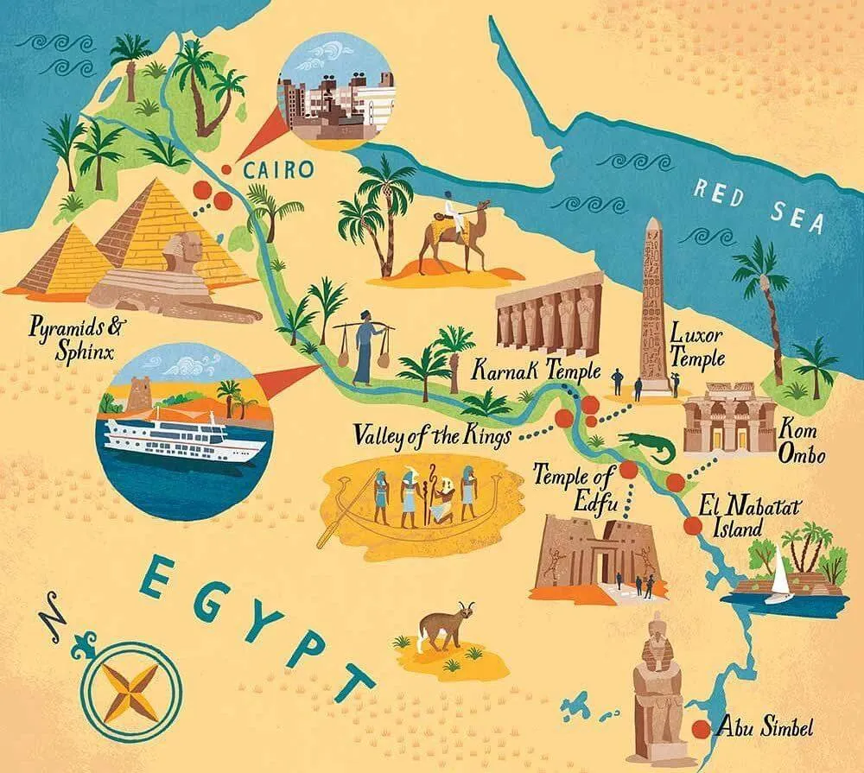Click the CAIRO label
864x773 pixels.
(278, 169)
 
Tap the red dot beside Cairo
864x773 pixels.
(226, 170)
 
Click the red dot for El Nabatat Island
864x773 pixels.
(691, 525)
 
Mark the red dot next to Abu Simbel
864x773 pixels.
(701, 729)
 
